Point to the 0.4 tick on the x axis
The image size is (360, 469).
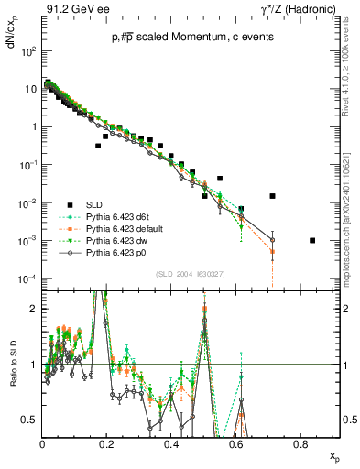click(x=171, y=445)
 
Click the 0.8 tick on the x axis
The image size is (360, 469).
click(x=300, y=445)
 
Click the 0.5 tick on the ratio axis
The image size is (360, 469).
click(x=30, y=420)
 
